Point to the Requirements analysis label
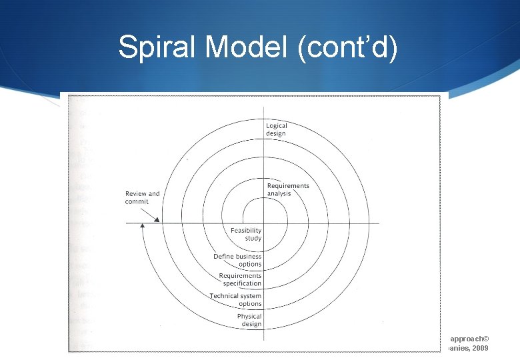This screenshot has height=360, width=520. point(287,189)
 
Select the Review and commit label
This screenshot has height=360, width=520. point(143,198)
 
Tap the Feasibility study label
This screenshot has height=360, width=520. point(246,234)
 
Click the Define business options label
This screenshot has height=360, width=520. point(237,260)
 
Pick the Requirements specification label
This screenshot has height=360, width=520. point(240,279)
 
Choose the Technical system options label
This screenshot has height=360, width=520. point(235,299)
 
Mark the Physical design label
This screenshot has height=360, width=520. point(249,320)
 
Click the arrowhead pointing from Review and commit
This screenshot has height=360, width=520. point(155,218)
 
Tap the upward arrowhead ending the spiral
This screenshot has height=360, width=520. point(142,227)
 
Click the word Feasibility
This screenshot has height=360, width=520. point(246,231)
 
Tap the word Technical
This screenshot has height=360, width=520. point(225,296)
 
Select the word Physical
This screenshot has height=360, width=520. point(249,316)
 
